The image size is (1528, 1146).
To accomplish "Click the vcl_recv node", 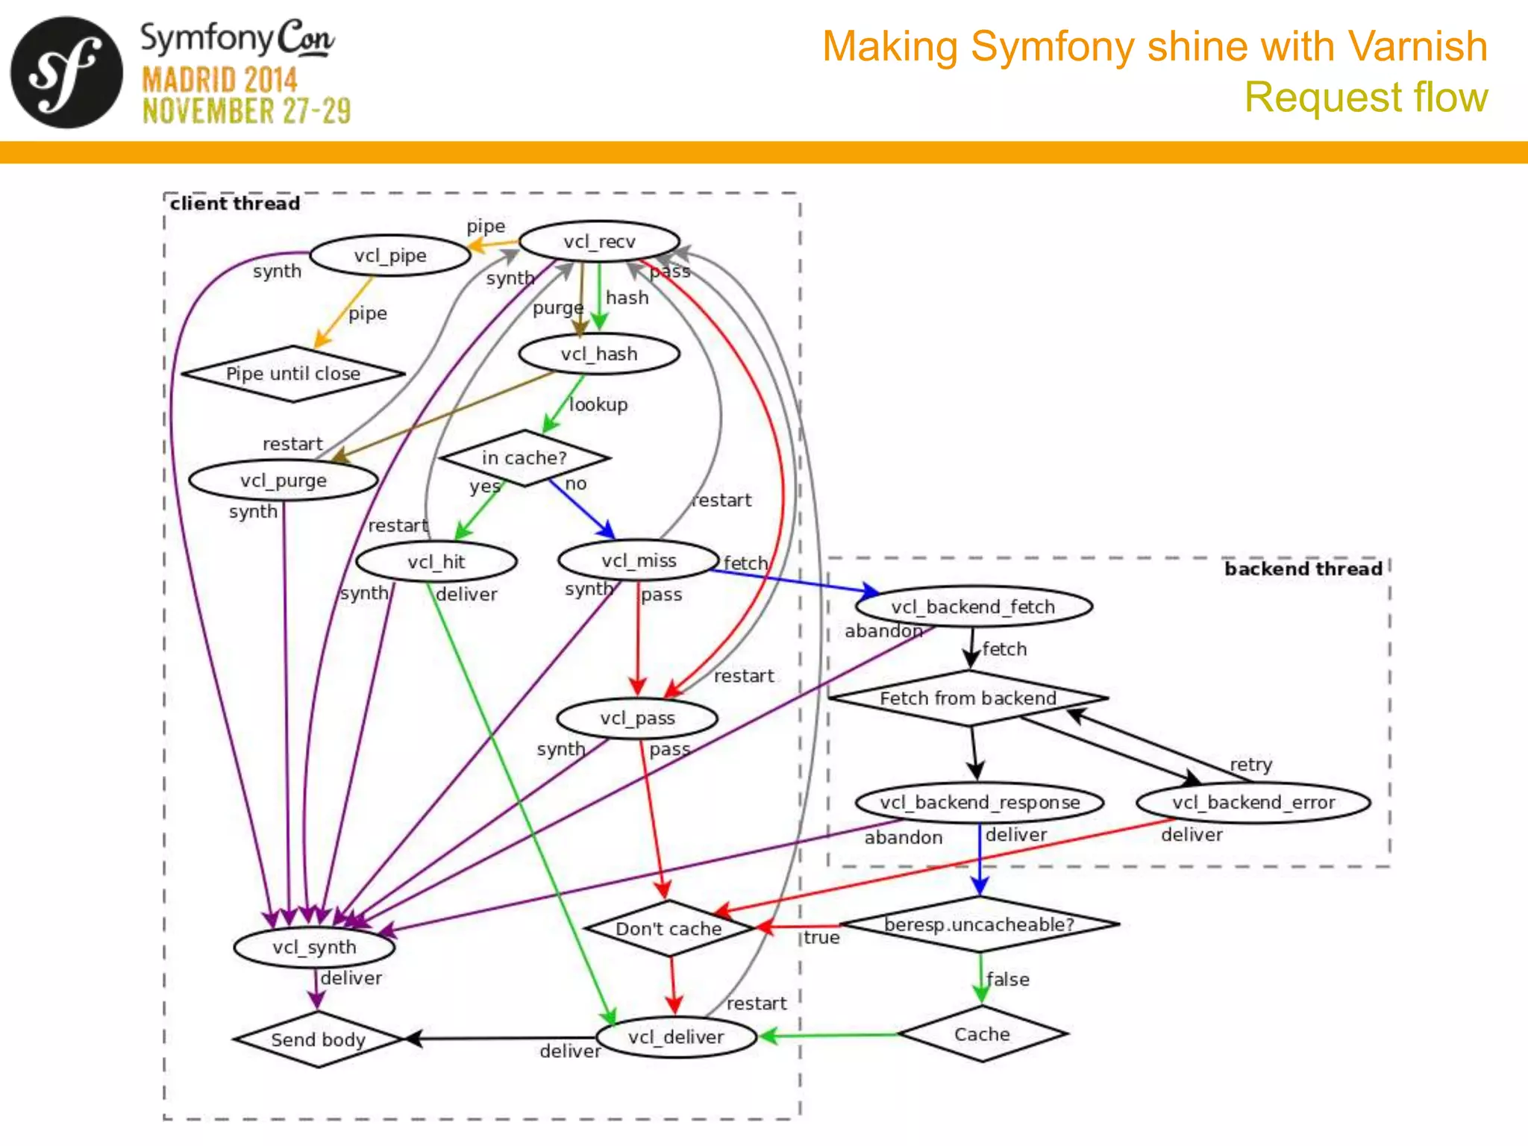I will (x=599, y=242).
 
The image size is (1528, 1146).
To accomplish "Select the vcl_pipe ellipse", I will (x=390, y=256).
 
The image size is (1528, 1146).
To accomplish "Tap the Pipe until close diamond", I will (x=293, y=374).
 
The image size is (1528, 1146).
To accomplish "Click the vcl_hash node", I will (x=599, y=354).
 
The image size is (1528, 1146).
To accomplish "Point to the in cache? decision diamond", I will (x=525, y=458).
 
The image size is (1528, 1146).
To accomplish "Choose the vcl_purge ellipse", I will (x=284, y=480).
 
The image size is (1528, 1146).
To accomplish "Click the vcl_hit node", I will (x=436, y=562).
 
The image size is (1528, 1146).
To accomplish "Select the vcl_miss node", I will (x=639, y=560).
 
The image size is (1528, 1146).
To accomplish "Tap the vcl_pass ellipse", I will (x=637, y=718).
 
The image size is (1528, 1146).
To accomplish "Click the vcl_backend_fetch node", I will (x=973, y=607).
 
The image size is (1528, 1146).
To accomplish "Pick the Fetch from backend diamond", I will (x=968, y=698).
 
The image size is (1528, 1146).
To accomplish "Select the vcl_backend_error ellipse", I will (x=1253, y=803).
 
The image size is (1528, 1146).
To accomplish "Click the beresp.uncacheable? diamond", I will (x=980, y=924).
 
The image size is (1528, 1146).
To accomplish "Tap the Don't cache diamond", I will (x=668, y=929).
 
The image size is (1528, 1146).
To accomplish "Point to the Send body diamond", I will (x=319, y=1039).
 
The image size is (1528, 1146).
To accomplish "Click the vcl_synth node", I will (x=314, y=948).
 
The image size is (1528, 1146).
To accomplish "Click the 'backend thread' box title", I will (x=1303, y=569).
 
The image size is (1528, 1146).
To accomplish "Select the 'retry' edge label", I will (x=1251, y=765).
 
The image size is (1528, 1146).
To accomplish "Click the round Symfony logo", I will (x=66, y=72).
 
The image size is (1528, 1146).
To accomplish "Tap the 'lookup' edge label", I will (x=598, y=404).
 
